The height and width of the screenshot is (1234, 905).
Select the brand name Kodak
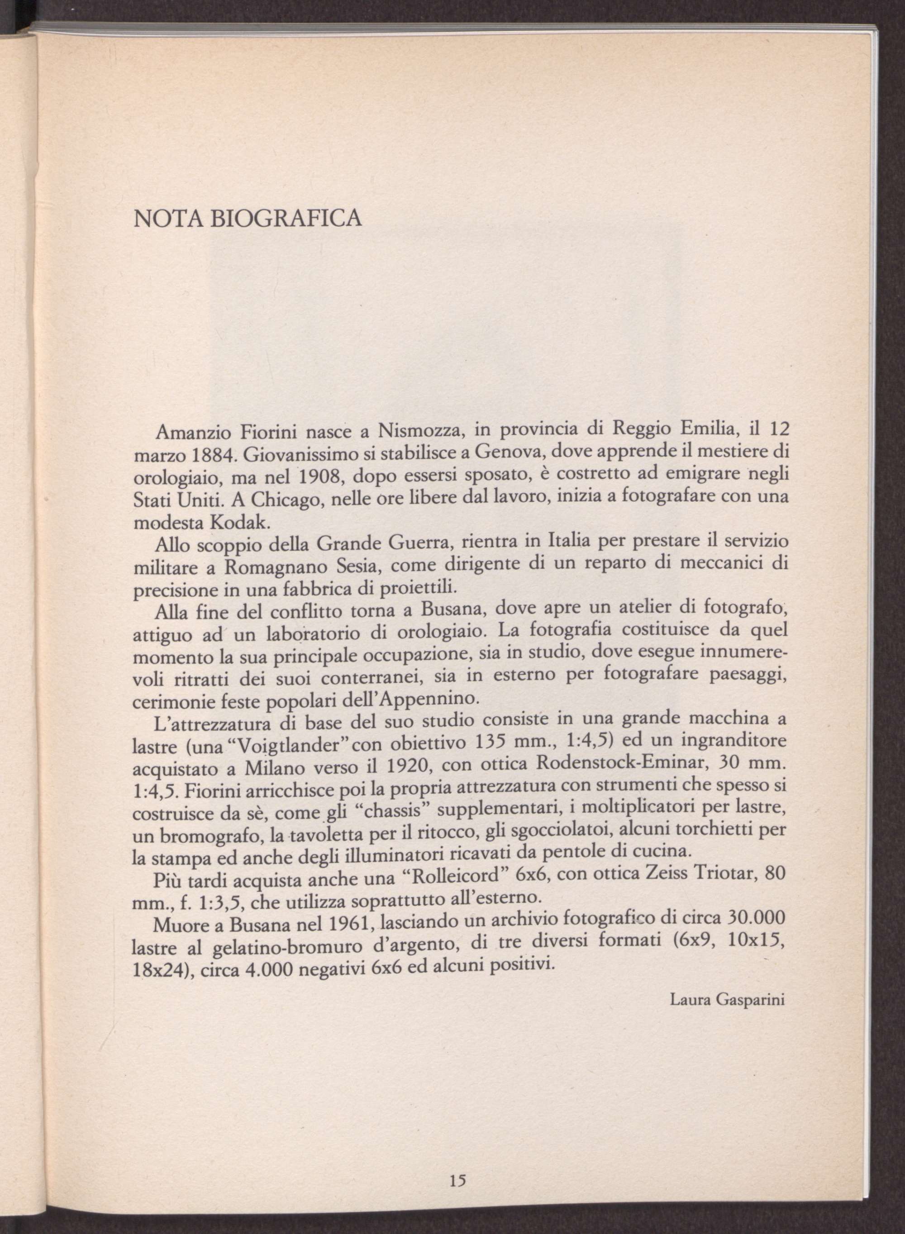tap(238, 524)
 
